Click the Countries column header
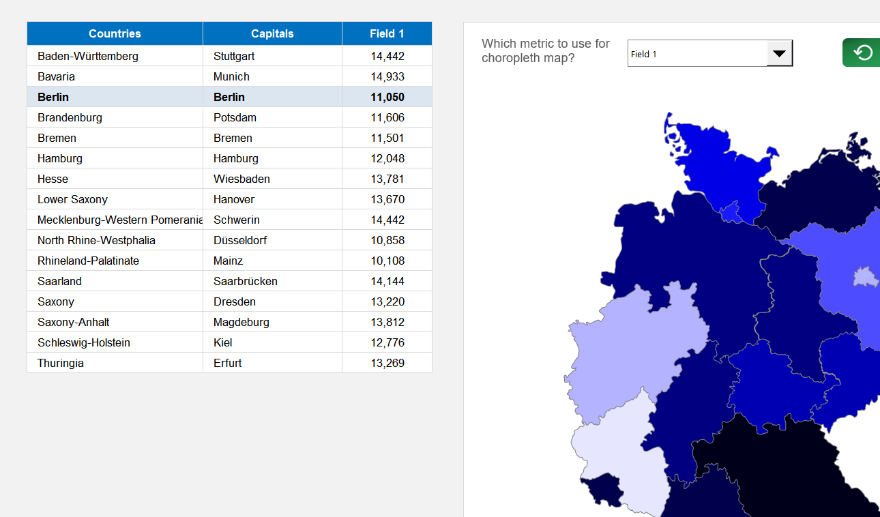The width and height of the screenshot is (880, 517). (115, 33)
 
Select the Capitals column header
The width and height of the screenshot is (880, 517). (272, 33)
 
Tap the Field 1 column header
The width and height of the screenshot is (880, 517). (387, 33)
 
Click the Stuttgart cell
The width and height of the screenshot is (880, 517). (234, 56)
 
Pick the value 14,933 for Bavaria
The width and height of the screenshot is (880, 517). (387, 76)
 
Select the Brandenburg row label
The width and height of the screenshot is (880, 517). (70, 117)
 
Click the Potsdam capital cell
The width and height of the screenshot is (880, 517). (235, 117)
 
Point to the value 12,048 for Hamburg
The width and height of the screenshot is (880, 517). (387, 158)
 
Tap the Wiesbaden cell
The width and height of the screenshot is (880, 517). (241, 179)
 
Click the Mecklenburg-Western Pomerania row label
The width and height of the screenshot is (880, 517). (120, 220)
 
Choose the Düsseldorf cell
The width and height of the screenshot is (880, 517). (240, 240)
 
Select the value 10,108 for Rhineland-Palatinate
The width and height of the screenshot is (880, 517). (387, 261)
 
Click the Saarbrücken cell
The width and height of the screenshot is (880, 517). (245, 281)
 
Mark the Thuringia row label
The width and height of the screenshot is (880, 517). (61, 363)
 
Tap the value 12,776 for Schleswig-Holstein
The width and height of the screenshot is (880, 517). (387, 342)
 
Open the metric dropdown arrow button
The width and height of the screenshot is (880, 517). (779, 53)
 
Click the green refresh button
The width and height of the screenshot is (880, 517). (862, 53)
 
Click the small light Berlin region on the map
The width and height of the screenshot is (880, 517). (863, 277)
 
